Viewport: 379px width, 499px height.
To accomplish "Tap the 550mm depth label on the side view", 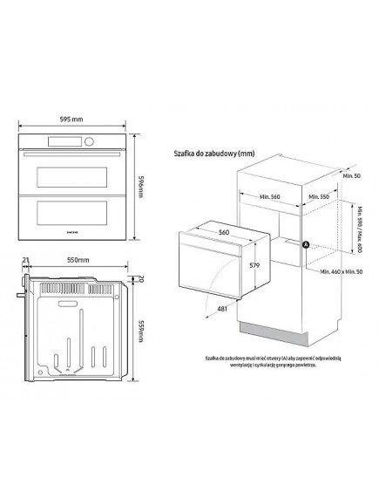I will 79,260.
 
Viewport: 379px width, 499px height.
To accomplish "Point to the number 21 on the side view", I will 27,260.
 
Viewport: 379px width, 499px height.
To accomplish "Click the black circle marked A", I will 304,245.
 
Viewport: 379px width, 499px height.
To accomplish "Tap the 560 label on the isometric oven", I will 225,234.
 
